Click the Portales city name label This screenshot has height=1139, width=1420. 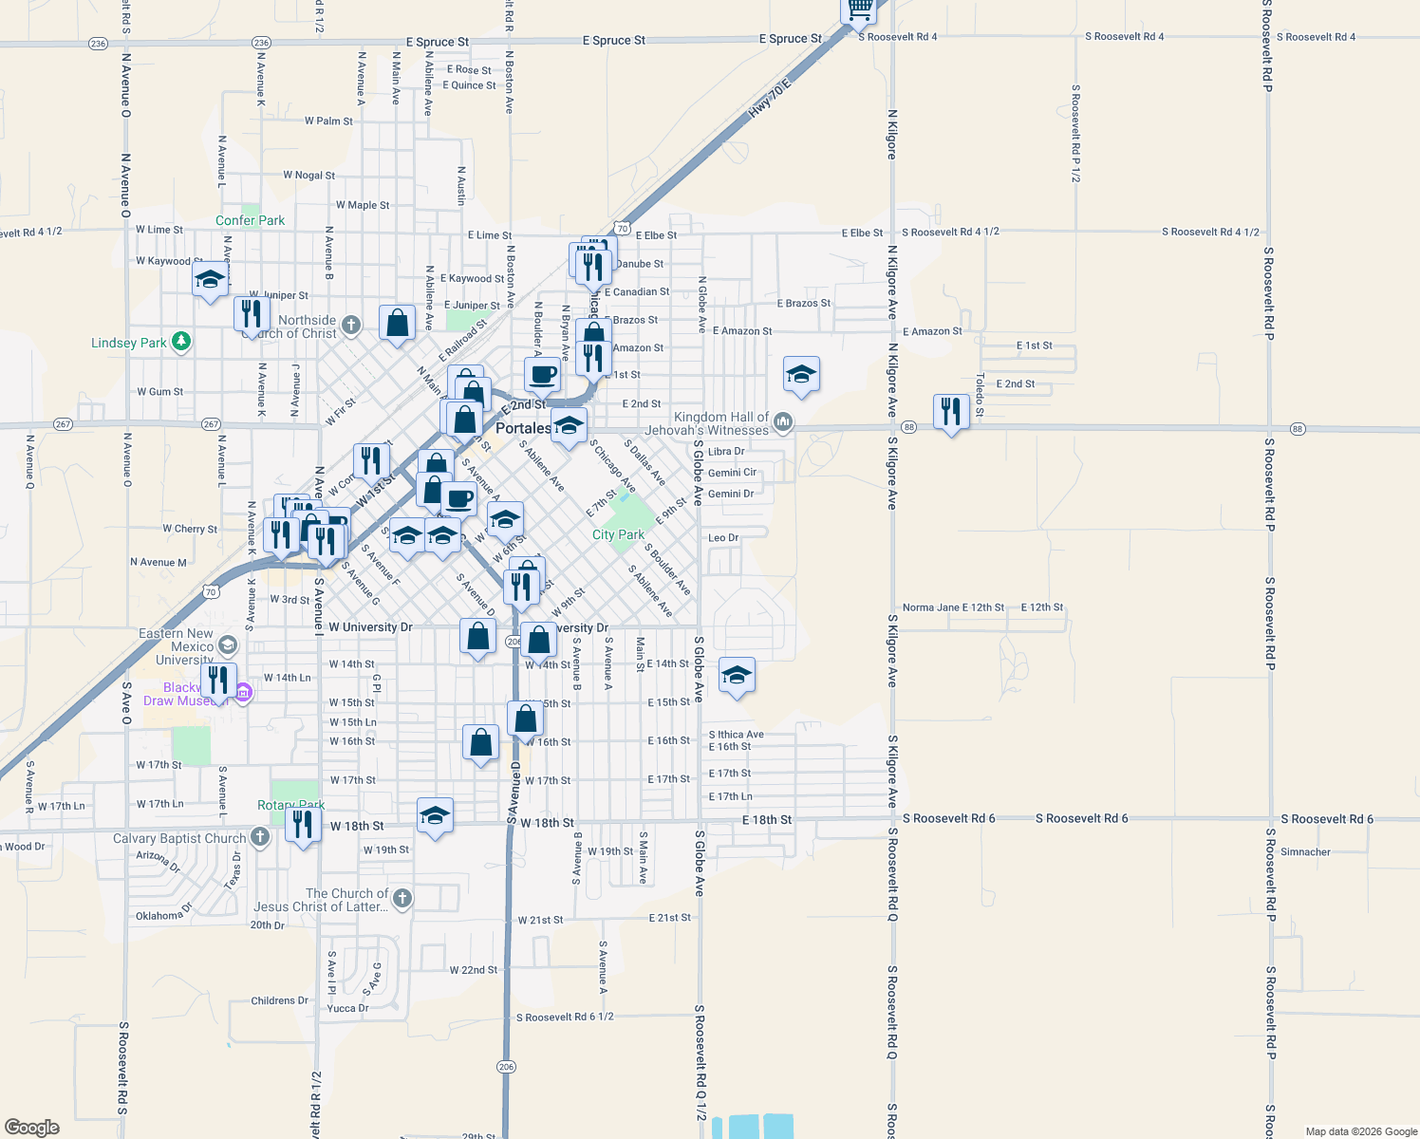(523, 428)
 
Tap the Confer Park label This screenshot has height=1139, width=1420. (250, 220)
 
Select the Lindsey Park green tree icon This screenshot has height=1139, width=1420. (181, 342)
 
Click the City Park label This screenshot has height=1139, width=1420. (618, 534)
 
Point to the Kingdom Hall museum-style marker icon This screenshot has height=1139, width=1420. (782, 421)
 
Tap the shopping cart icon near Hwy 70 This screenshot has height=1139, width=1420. (860, 9)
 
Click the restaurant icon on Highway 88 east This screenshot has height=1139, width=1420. (951, 411)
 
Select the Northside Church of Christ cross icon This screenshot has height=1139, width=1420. (350, 326)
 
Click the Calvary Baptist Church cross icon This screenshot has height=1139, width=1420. (260, 837)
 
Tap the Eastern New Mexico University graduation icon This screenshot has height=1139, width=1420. (227, 646)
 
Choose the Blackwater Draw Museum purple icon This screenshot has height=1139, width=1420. (242, 692)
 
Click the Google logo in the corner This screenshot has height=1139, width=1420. (32, 1127)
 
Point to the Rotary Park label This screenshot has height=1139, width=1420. (290, 805)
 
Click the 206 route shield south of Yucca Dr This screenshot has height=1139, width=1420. (506, 1067)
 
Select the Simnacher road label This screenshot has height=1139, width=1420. (1305, 851)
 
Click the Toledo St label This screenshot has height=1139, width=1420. (980, 395)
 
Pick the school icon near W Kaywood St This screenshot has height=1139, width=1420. (210, 280)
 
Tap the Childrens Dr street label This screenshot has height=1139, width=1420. (279, 1000)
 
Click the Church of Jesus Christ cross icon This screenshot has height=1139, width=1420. (402, 898)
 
